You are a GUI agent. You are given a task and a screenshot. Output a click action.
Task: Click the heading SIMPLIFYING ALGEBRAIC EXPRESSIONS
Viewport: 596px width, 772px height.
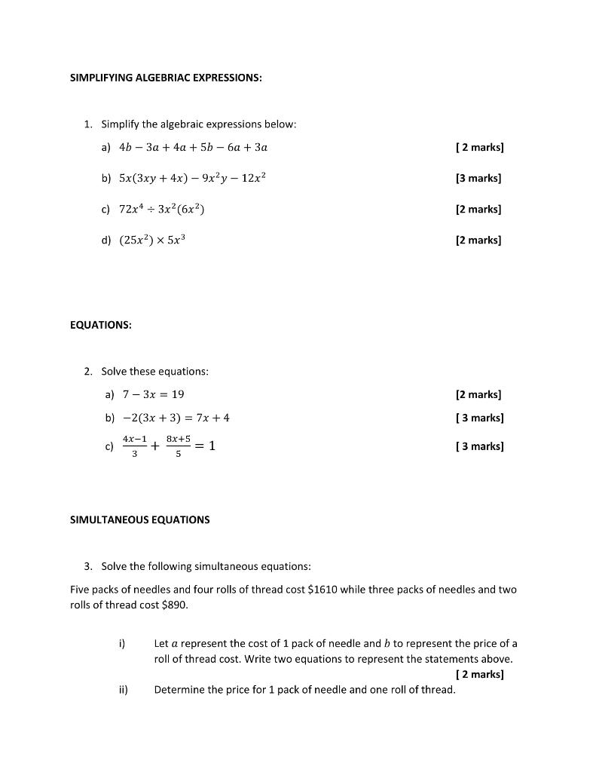[x=166, y=77]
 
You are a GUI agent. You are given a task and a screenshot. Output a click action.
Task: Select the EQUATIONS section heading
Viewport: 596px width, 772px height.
[x=100, y=325]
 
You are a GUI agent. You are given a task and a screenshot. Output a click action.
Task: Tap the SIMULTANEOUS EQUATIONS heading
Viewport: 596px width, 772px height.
[x=139, y=519]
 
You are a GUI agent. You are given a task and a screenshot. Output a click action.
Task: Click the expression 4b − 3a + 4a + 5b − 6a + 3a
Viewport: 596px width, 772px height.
[x=193, y=147]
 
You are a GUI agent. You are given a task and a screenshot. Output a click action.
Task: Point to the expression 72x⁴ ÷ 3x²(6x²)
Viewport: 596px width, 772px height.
[x=162, y=209]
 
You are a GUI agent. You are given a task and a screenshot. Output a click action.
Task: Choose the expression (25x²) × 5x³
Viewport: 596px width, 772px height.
[x=152, y=240]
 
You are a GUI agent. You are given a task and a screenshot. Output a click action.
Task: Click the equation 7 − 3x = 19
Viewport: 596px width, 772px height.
[x=153, y=394]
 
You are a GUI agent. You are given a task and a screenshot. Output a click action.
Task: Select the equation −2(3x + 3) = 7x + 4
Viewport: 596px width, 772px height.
[x=176, y=418]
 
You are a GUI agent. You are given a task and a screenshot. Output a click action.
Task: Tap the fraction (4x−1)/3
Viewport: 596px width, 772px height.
[x=135, y=446]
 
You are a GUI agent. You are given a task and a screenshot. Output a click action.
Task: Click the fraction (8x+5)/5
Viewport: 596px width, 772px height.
[x=179, y=446]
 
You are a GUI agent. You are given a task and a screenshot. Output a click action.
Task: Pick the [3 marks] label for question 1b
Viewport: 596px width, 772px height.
[x=478, y=178]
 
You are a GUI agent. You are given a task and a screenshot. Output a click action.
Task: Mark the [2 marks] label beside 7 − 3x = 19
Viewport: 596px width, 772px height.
[x=478, y=394]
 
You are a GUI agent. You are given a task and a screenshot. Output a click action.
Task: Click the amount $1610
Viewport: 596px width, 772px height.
[x=322, y=590]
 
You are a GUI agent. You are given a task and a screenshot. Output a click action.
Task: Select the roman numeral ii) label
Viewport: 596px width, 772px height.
[x=123, y=689]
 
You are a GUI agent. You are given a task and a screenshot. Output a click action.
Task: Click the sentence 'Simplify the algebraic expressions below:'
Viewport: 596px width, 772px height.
[x=199, y=124]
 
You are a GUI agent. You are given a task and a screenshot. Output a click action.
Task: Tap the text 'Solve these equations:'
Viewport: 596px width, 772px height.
[x=155, y=371]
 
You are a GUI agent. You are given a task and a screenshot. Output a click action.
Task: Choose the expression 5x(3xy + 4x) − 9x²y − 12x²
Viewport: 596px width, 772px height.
[x=193, y=178]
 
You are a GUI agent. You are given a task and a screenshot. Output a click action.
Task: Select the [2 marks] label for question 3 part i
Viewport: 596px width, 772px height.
[x=480, y=674]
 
